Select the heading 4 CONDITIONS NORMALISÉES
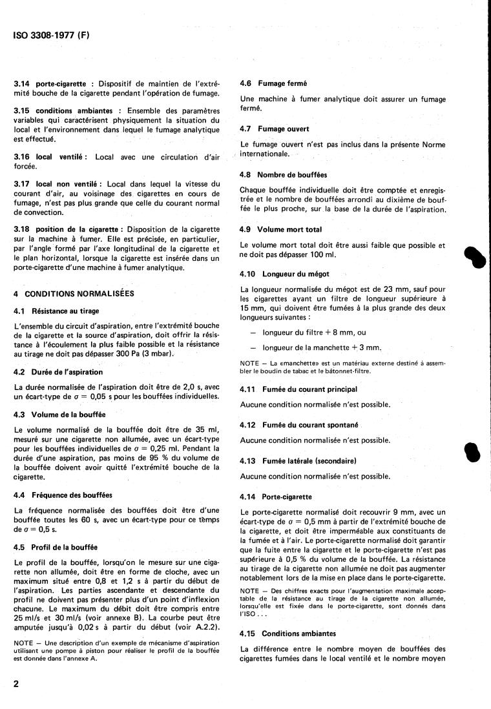click(74, 293)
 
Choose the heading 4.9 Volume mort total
click(280, 229)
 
